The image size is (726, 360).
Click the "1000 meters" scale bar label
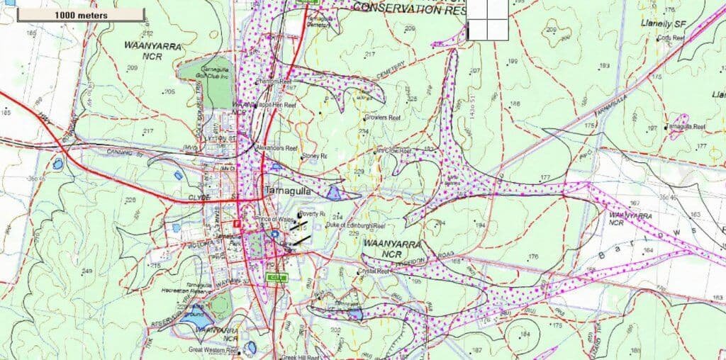[74, 14]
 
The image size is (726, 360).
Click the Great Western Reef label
[213, 349]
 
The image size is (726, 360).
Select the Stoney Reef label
[313, 156]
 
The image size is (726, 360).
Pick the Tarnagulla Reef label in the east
[685, 127]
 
